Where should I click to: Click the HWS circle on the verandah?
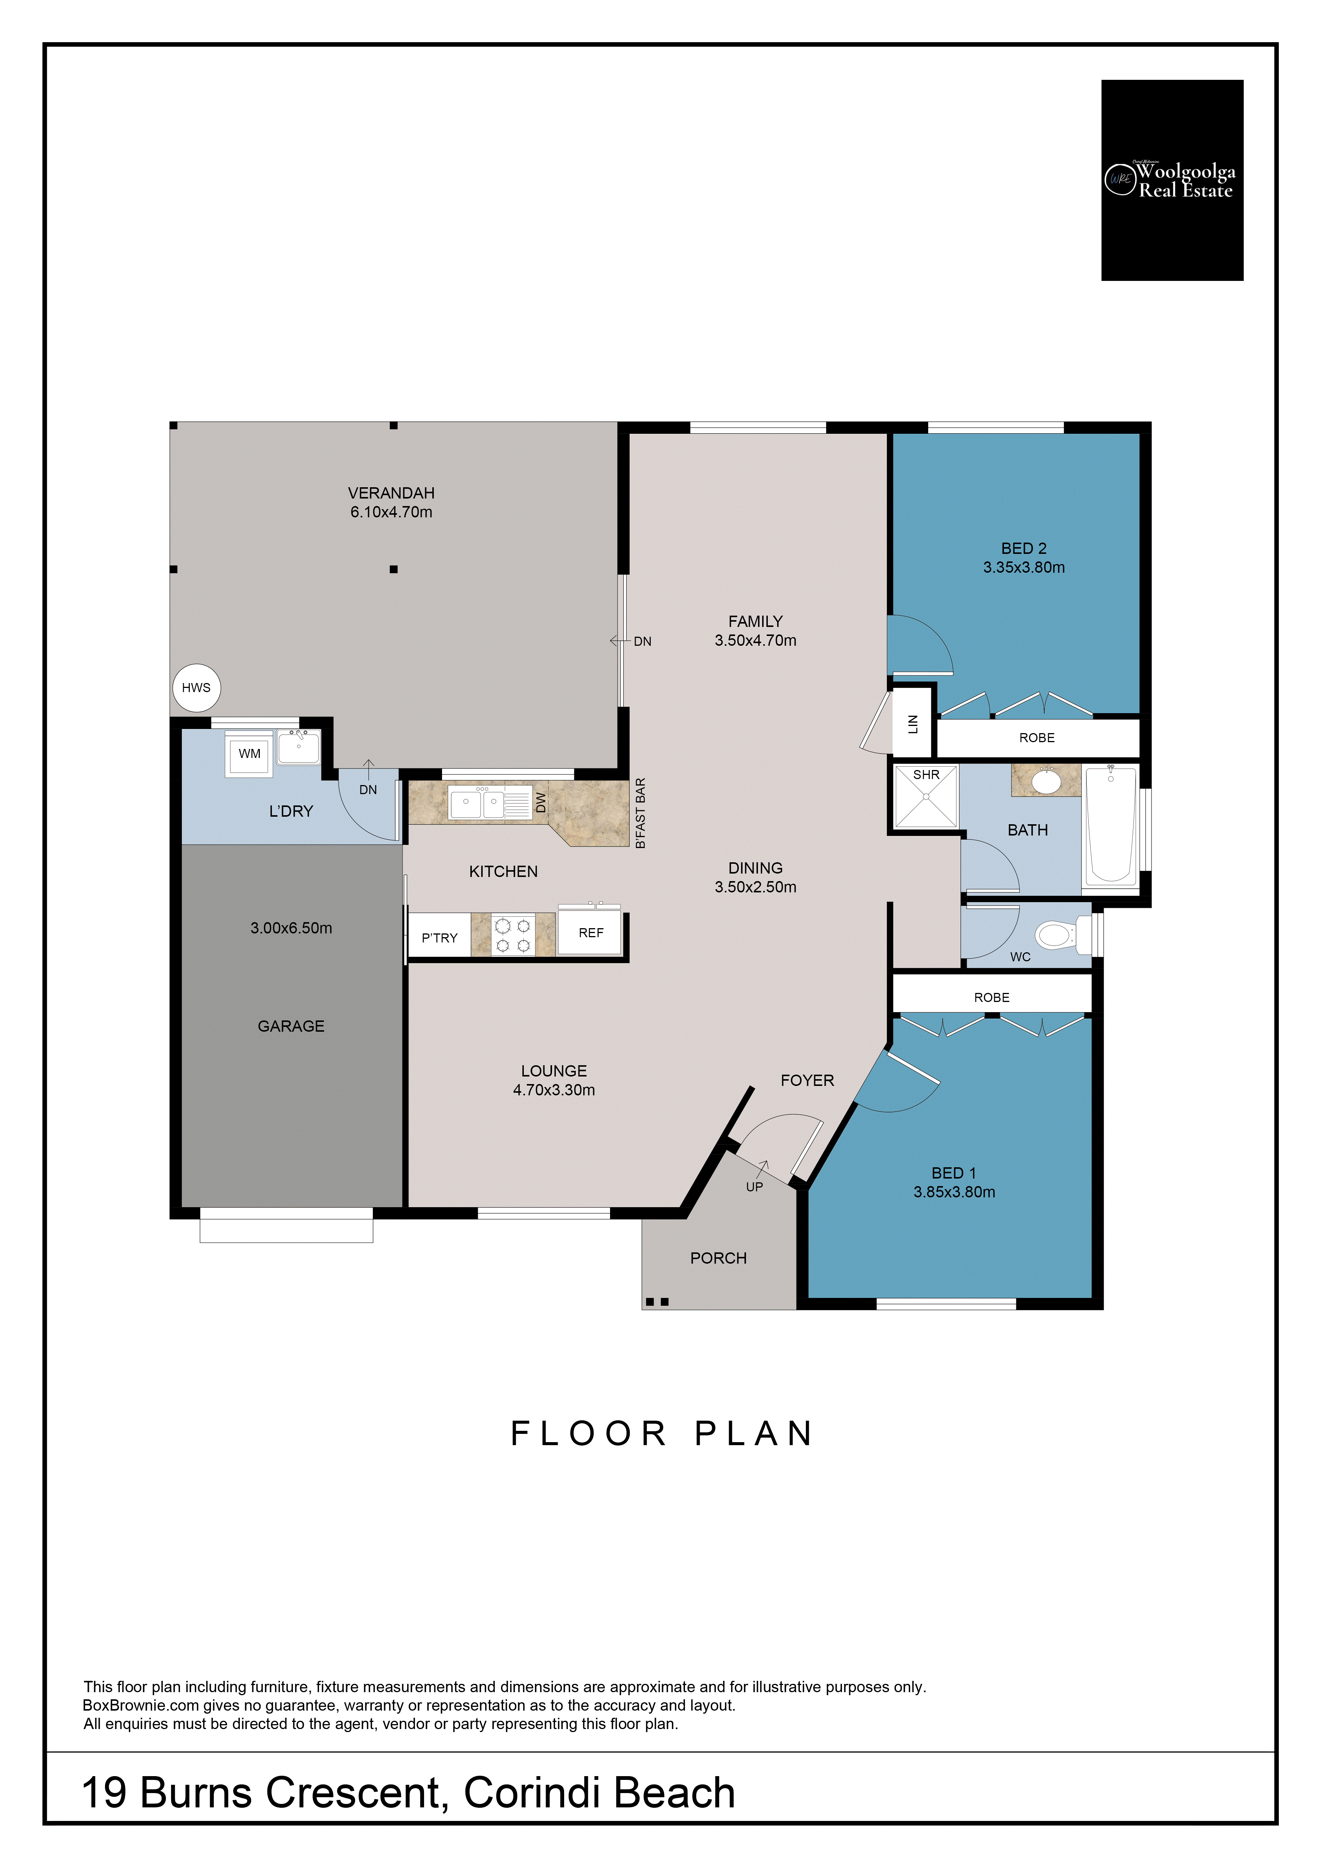click(196, 688)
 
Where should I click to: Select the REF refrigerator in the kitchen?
click(590, 932)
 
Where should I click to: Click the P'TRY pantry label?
click(439, 938)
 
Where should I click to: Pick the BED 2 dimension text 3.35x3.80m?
click(1023, 568)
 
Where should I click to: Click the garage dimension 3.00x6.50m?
click(291, 928)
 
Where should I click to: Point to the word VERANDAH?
click(391, 493)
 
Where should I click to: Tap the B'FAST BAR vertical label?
click(640, 813)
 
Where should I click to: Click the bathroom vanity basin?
click(1046, 781)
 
